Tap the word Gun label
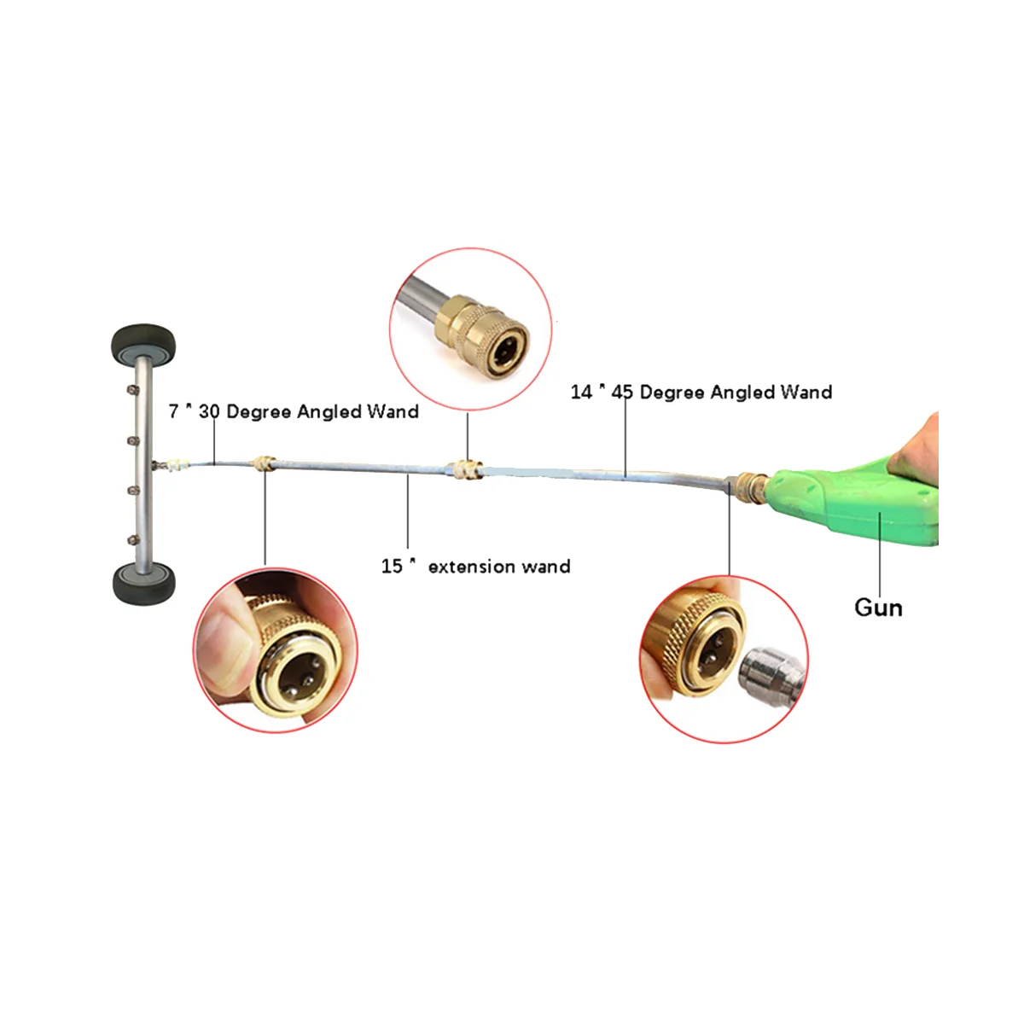pyautogui.click(x=878, y=608)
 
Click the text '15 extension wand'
pyautogui.click(x=475, y=567)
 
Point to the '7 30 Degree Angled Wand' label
pyautogui.click(x=294, y=411)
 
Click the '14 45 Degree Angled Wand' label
pyautogui.click(x=701, y=392)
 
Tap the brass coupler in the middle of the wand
pyautogui.click(x=466, y=469)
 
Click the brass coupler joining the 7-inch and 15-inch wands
pyautogui.click(x=265, y=465)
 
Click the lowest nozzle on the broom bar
pyautogui.click(x=131, y=539)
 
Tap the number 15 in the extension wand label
pyautogui.click(x=391, y=567)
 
